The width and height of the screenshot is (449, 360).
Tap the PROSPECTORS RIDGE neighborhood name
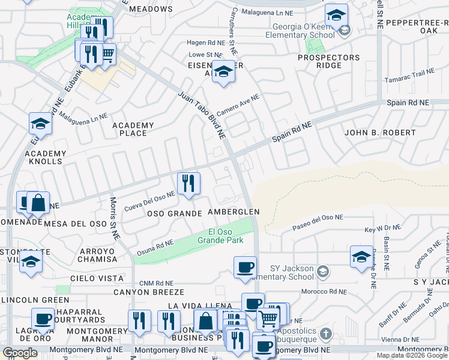tap(330, 62)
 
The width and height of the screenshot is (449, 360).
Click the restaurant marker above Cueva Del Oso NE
tap(188, 183)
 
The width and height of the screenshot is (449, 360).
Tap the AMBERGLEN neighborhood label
tap(234, 212)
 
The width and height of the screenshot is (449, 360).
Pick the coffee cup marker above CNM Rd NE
tap(244, 268)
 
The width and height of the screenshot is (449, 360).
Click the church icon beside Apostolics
tap(325, 333)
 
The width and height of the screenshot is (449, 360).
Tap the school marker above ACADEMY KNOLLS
tap(40, 123)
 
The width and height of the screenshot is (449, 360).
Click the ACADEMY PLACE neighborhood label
tap(133, 129)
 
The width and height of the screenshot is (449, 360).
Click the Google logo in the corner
tap(20, 353)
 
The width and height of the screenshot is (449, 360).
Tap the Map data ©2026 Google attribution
tap(412, 355)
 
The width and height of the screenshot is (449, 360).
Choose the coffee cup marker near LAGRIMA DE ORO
tap(43, 319)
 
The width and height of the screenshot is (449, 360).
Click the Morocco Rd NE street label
tap(325, 292)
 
